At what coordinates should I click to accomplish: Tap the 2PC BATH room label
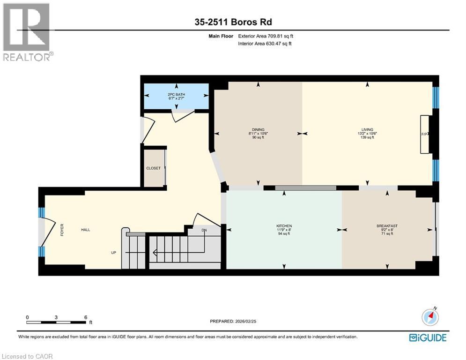point(176,95)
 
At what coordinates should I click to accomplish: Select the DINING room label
point(258,130)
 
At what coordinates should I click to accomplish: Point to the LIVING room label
point(367,130)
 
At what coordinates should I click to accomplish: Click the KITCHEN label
point(284,226)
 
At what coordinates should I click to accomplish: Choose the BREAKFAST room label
point(387,226)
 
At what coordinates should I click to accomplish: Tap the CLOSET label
point(153,168)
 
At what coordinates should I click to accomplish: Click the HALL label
point(86,230)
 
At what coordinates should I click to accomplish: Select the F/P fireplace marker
point(424,134)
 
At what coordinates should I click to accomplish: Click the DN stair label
point(204,230)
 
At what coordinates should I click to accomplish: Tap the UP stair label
point(113,253)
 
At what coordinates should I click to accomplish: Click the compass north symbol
point(430,316)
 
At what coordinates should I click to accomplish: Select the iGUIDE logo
point(428,337)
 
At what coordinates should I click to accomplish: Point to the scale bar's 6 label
point(86,317)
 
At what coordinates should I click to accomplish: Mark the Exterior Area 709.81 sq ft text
point(266,36)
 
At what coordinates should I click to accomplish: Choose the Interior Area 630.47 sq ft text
point(265,44)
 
